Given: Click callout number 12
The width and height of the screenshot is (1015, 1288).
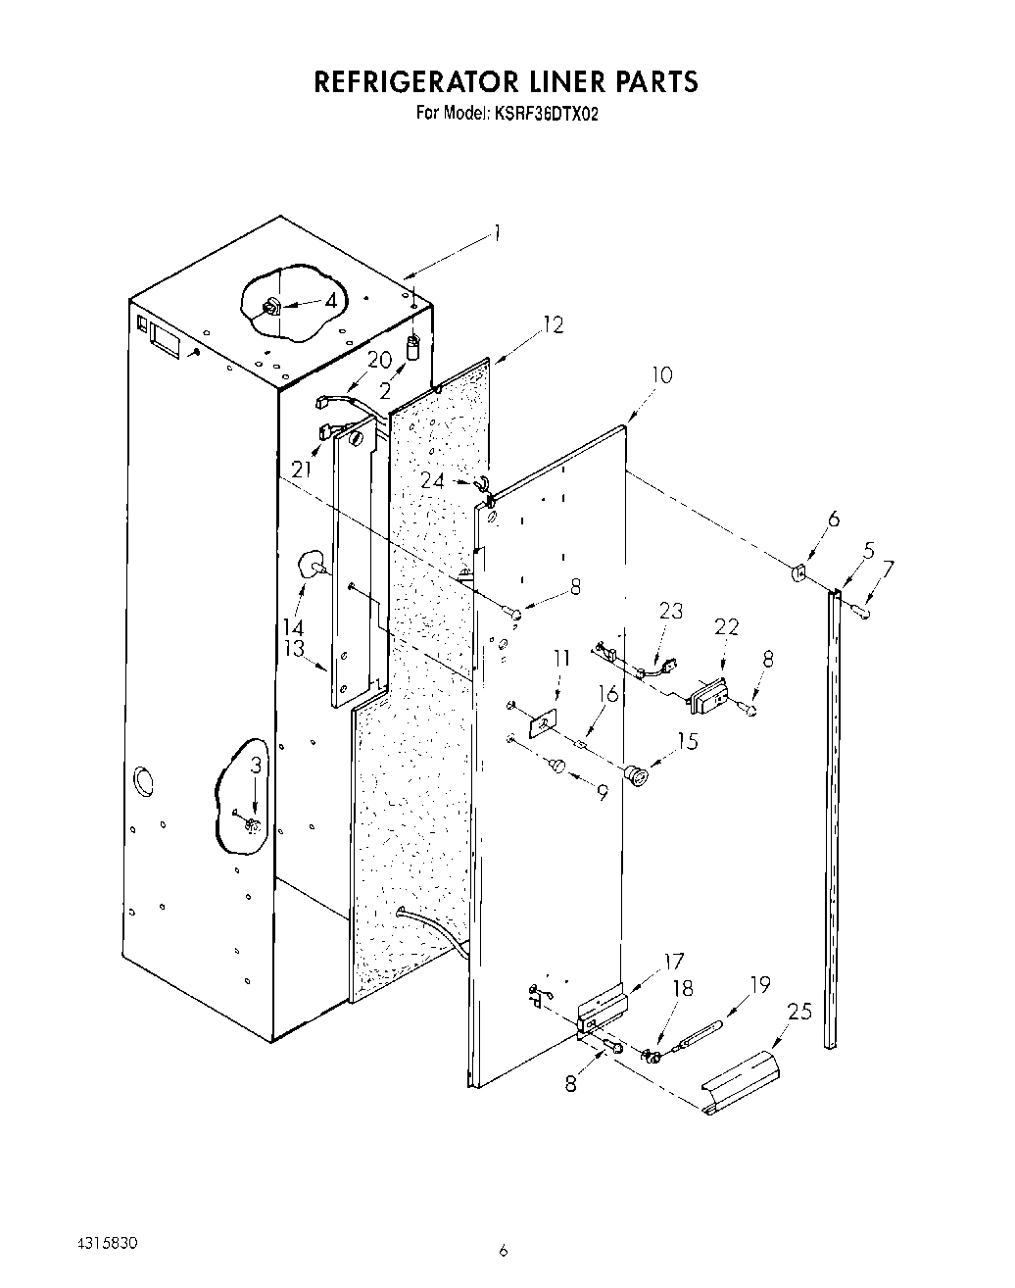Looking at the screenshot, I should click(x=554, y=324).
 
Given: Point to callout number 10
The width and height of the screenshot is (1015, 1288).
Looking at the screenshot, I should click(x=662, y=374).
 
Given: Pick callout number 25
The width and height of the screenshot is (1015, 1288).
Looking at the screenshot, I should click(x=800, y=1011).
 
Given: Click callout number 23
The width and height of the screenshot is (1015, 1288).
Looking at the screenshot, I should click(x=670, y=610).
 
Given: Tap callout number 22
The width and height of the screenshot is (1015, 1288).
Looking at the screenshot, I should click(x=726, y=626).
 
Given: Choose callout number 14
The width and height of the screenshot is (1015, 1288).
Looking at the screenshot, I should click(x=293, y=626).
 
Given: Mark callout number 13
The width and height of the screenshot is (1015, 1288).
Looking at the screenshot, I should click(x=293, y=648).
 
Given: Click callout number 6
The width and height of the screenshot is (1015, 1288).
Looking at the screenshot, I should click(x=834, y=520).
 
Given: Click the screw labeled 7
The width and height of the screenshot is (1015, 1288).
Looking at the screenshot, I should click(x=863, y=613).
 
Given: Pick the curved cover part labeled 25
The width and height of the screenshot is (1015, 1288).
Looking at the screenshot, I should click(x=742, y=1081).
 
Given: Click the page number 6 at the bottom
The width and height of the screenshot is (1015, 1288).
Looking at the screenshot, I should click(x=503, y=1249).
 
